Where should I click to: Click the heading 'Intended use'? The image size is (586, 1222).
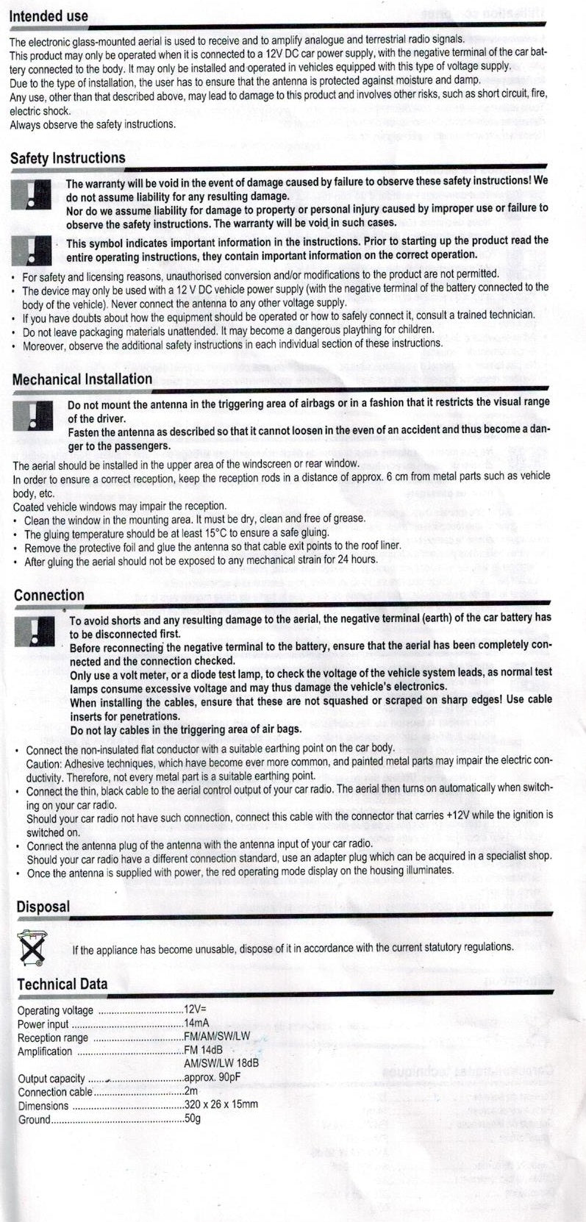pyautogui.click(x=49, y=16)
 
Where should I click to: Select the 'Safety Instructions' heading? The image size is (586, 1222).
pyautogui.click(x=68, y=158)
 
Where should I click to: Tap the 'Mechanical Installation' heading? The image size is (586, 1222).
pyautogui.click(x=82, y=379)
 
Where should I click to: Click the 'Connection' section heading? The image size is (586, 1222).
pyautogui.click(x=49, y=596)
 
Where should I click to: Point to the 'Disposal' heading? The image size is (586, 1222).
pyautogui.click(x=43, y=907)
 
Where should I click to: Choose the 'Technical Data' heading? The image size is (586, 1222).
pyautogui.click(x=62, y=984)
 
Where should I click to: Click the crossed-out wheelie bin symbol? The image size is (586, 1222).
pyautogui.click(x=32, y=948)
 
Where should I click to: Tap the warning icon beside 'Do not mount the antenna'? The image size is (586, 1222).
pyautogui.click(x=33, y=415)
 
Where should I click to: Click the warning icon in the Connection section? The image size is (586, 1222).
pyautogui.click(x=35, y=631)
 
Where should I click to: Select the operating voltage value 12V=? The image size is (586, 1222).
pyautogui.click(x=196, y=1010)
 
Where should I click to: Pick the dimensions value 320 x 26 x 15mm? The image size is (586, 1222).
pyautogui.click(x=221, y=1104)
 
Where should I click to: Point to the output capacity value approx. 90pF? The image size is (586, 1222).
pyautogui.click(x=212, y=1078)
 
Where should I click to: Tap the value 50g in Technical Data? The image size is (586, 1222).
pyautogui.click(x=193, y=1118)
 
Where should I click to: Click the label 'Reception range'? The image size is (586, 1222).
pyautogui.click(x=53, y=1037)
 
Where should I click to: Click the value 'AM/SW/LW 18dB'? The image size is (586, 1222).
pyautogui.click(x=221, y=1063)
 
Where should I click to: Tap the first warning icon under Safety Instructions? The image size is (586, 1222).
pyautogui.click(x=31, y=194)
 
